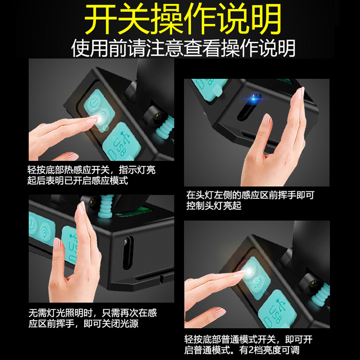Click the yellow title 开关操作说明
coord(183,19)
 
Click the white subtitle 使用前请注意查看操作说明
coord(183,48)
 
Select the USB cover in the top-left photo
coord(121,142)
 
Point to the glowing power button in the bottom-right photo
coord(250,271)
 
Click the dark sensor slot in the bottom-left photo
coord(128,252)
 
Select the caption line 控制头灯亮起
coord(214,206)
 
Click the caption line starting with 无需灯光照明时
coord(93,313)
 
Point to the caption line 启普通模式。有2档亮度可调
coord(242,350)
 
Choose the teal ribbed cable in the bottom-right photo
coord(321,293)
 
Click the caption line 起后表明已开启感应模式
coord(77,180)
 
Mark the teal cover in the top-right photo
coord(208,89)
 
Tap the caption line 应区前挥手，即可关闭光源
coord(83,324)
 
